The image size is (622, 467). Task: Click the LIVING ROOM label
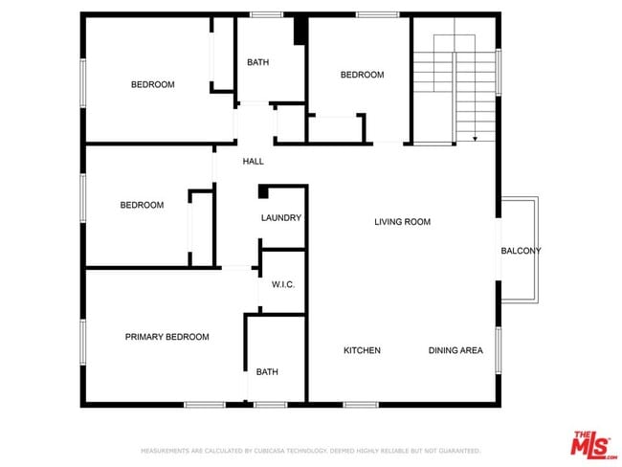pyautogui.click(x=402, y=222)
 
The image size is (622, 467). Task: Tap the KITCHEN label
pyautogui.click(x=362, y=350)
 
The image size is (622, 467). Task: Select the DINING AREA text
pyautogui.click(x=455, y=350)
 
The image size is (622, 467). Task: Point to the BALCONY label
pyautogui.click(x=521, y=251)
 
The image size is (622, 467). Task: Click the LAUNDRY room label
pyautogui.click(x=281, y=218)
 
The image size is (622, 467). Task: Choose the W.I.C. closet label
pyautogui.click(x=282, y=284)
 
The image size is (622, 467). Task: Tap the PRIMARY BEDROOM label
pyautogui.click(x=167, y=337)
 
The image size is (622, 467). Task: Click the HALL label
pyautogui.click(x=253, y=161)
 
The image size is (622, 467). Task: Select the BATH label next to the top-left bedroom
pyautogui.click(x=257, y=63)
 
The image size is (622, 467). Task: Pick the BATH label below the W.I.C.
pyautogui.click(x=266, y=372)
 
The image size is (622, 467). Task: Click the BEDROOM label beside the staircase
pyautogui.click(x=362, y=75)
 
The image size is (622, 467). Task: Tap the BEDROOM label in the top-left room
pyautogui.click(x=152, y=85)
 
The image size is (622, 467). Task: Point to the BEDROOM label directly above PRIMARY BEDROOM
pyautogui.click(x=142, y=205)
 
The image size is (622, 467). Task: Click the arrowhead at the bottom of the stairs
pyautogui.click(x=476, y=139)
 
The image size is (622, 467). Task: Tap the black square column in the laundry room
pyautogui.click(x=264, y=191)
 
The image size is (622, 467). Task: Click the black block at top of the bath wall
pyautogui.click(x=300, y=31)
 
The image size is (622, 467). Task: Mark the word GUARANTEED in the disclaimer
pyautogui.click(x=456, y=450)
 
